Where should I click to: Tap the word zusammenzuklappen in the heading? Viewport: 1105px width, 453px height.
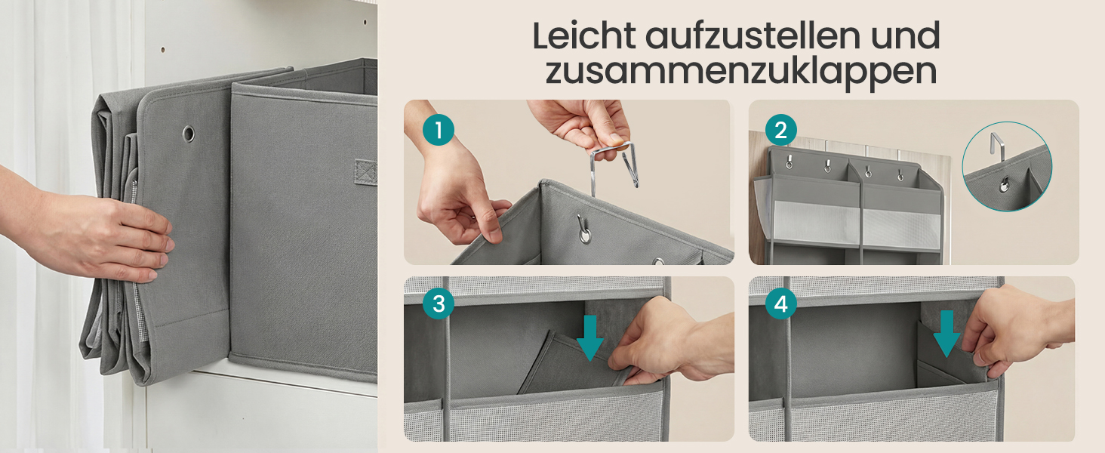click(x=740, y=72)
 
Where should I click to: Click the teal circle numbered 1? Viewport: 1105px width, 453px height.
click(x=438, y=130)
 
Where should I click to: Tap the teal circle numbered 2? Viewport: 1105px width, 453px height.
click(x=781, y=130)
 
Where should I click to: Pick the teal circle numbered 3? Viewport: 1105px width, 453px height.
click(x=438, y=304)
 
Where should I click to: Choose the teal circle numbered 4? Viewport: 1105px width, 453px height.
click(x=781, y=304)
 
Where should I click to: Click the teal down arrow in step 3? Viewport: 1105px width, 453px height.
click(x=590, y=338)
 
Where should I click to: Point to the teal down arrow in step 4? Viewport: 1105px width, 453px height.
click(x=946, y=334)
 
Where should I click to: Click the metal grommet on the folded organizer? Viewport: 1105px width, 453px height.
click(x=189, y=133)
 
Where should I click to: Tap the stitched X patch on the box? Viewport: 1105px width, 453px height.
click(x=365, y=171)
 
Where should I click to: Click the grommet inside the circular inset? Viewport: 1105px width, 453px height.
click(x=1004, y=186)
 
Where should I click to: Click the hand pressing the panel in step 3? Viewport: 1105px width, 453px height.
click(x=671, y=341)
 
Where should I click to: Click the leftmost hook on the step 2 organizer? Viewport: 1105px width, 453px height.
click(x=790, y=162)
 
